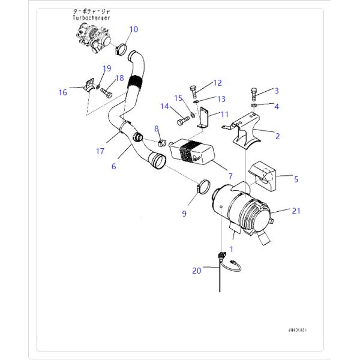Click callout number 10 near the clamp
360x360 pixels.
pos(133,29)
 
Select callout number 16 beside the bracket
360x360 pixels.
pos(62,92)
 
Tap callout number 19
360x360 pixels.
pos(107,68)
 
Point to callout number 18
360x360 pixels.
pos(119,78)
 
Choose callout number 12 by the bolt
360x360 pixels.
pos(217,83)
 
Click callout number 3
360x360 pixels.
pos(277,91)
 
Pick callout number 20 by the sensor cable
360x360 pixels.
pos(197,271)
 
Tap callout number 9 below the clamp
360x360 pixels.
pos(184,213)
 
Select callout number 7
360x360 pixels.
pos(229,177)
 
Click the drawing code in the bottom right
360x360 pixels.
pos(301,329)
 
